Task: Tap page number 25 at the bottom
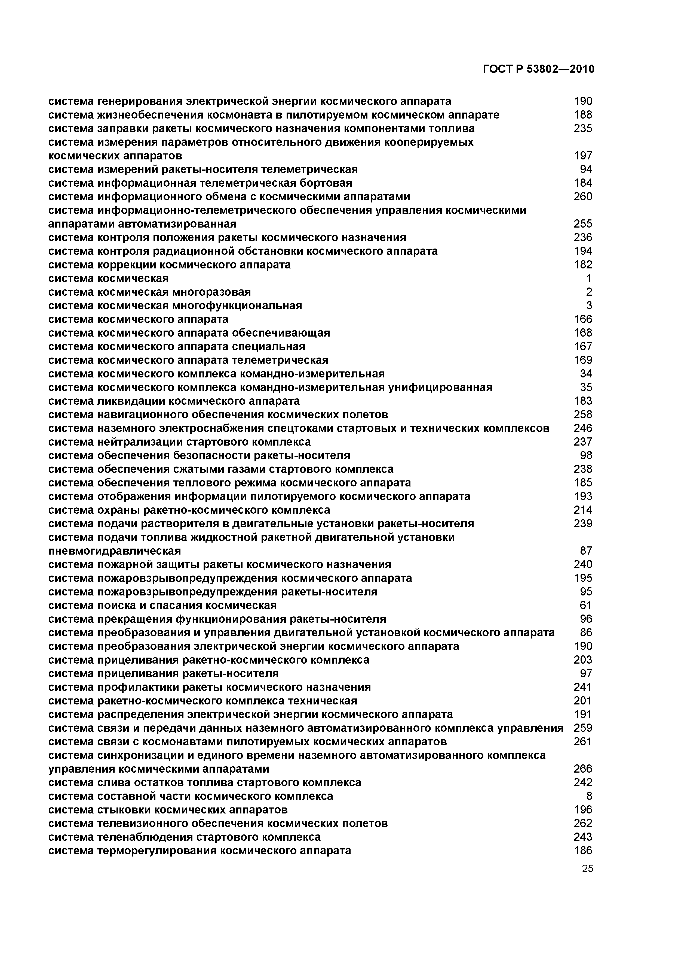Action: [x=587, y=869]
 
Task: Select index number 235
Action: [x=583, y=128]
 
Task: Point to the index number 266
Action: [x=583, y=769]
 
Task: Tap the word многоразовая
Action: [x=211, y=292]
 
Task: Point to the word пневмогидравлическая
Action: [x=115, y=551]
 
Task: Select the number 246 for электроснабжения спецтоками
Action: [x=583, y=428]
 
